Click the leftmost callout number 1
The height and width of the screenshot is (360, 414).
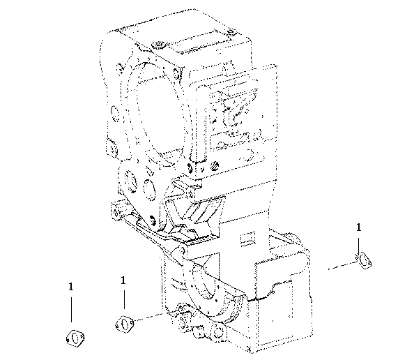tap(71, 287)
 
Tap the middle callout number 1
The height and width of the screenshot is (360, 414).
tap(123, 280)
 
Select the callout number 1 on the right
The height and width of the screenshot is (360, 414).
tap(358, 227)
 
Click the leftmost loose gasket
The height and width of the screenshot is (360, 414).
tap(75, 338)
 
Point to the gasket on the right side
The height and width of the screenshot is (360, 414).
tap(364, 260)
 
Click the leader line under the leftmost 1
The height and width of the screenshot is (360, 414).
tap(71, 310)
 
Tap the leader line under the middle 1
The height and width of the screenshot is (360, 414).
tap(124, 299)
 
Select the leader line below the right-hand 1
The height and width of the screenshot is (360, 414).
tap(358, 246)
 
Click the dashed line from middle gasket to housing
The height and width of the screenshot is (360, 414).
tap(148, 317)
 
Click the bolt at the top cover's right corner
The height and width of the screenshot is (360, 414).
tap(231, 32)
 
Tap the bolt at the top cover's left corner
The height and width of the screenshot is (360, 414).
tap(158, 45)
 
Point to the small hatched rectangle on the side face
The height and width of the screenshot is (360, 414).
tap(247, 239)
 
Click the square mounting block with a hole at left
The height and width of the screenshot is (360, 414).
tap(118, 211)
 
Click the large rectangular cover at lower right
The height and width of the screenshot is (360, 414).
tap(282, 301)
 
